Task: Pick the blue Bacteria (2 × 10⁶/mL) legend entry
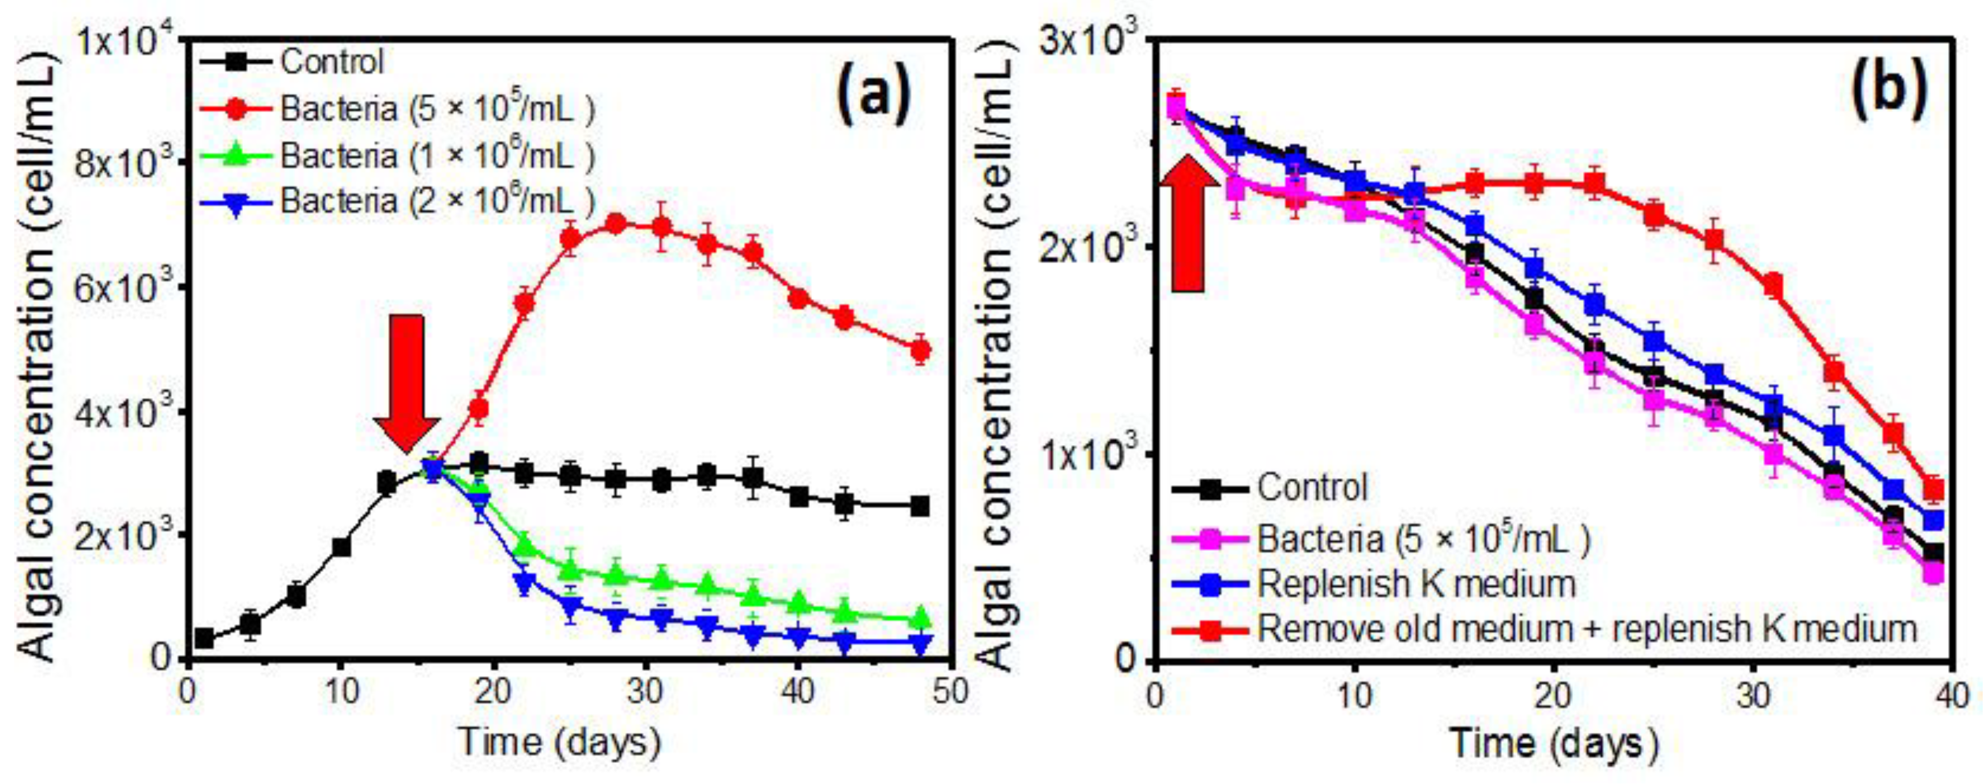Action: coord(437,201)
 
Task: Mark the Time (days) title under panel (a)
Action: coord(559,743)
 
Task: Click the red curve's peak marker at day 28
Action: coord(616,224)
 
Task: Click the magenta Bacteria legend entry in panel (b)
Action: coord(1424,538)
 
